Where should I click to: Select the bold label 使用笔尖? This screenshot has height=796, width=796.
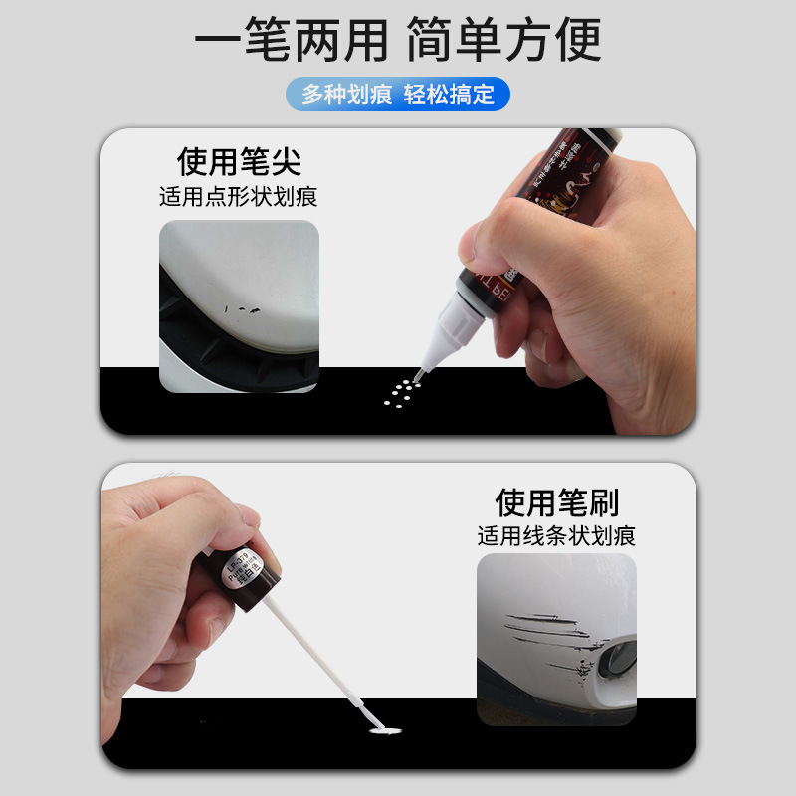tap(239, 161)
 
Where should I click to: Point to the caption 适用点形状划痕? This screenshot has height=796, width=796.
tap(239, 196)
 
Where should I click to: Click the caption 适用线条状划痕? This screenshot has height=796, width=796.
tap(556, 536)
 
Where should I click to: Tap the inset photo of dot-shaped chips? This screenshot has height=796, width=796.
tap(239, 305)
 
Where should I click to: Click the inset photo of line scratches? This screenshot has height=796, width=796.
tap(556, 639)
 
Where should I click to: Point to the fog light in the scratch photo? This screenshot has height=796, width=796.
tap(613, 658)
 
